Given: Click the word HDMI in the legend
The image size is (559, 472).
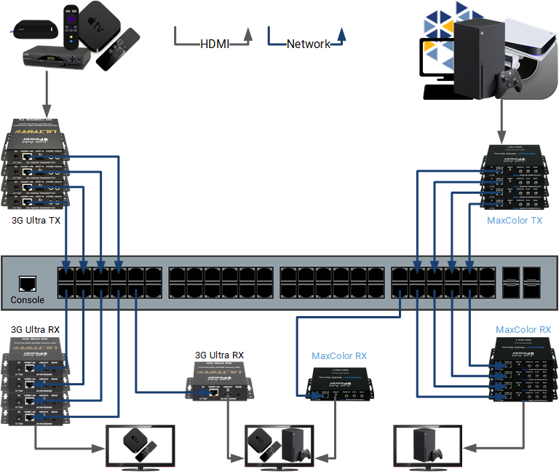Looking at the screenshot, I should [215, 44].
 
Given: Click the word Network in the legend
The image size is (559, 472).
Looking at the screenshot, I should [308, 44].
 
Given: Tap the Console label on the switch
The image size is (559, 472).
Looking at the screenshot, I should [28, 300].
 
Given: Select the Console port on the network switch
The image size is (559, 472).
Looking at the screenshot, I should [28, 283].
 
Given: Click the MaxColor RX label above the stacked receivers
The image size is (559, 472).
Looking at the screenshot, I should [523, 330].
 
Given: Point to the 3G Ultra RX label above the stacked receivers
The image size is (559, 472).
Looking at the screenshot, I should [36, 330].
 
